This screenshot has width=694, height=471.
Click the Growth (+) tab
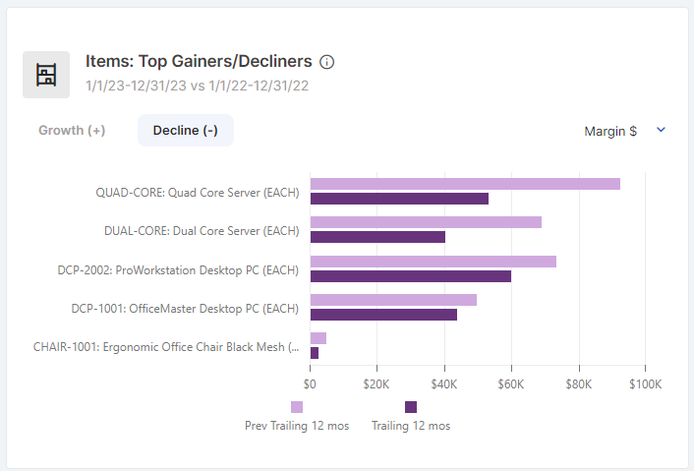click(72, 131)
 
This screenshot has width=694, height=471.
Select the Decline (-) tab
click(186, 131)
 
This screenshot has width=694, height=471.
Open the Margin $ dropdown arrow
click(661, 130)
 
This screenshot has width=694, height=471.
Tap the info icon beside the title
click(327, 62)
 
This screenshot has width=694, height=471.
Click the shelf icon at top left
click(46, 75)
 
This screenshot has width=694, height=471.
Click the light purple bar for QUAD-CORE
click(465, 184)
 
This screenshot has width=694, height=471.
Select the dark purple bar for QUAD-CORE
click(399, 199)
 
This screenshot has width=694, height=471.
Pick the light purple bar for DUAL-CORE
click(426, 222)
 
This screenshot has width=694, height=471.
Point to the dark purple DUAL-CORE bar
click(377, 237)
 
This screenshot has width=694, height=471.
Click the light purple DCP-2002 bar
click(434, 262)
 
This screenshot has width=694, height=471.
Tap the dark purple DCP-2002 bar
click(411, 276)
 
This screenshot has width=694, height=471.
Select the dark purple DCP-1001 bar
click(383, 315)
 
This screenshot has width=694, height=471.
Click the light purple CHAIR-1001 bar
click(318, 338)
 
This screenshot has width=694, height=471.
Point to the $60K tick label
click(511, 383)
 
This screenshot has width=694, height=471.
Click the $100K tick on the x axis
click(644, 383)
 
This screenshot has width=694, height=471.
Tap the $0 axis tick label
click(311, 383)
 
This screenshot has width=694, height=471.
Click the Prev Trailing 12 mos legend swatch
click(297, 407)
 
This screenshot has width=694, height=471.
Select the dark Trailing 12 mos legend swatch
click(411, 407)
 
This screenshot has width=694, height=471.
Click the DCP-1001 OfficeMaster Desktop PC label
click(185, 309)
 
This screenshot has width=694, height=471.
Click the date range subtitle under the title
click(198, 86)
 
